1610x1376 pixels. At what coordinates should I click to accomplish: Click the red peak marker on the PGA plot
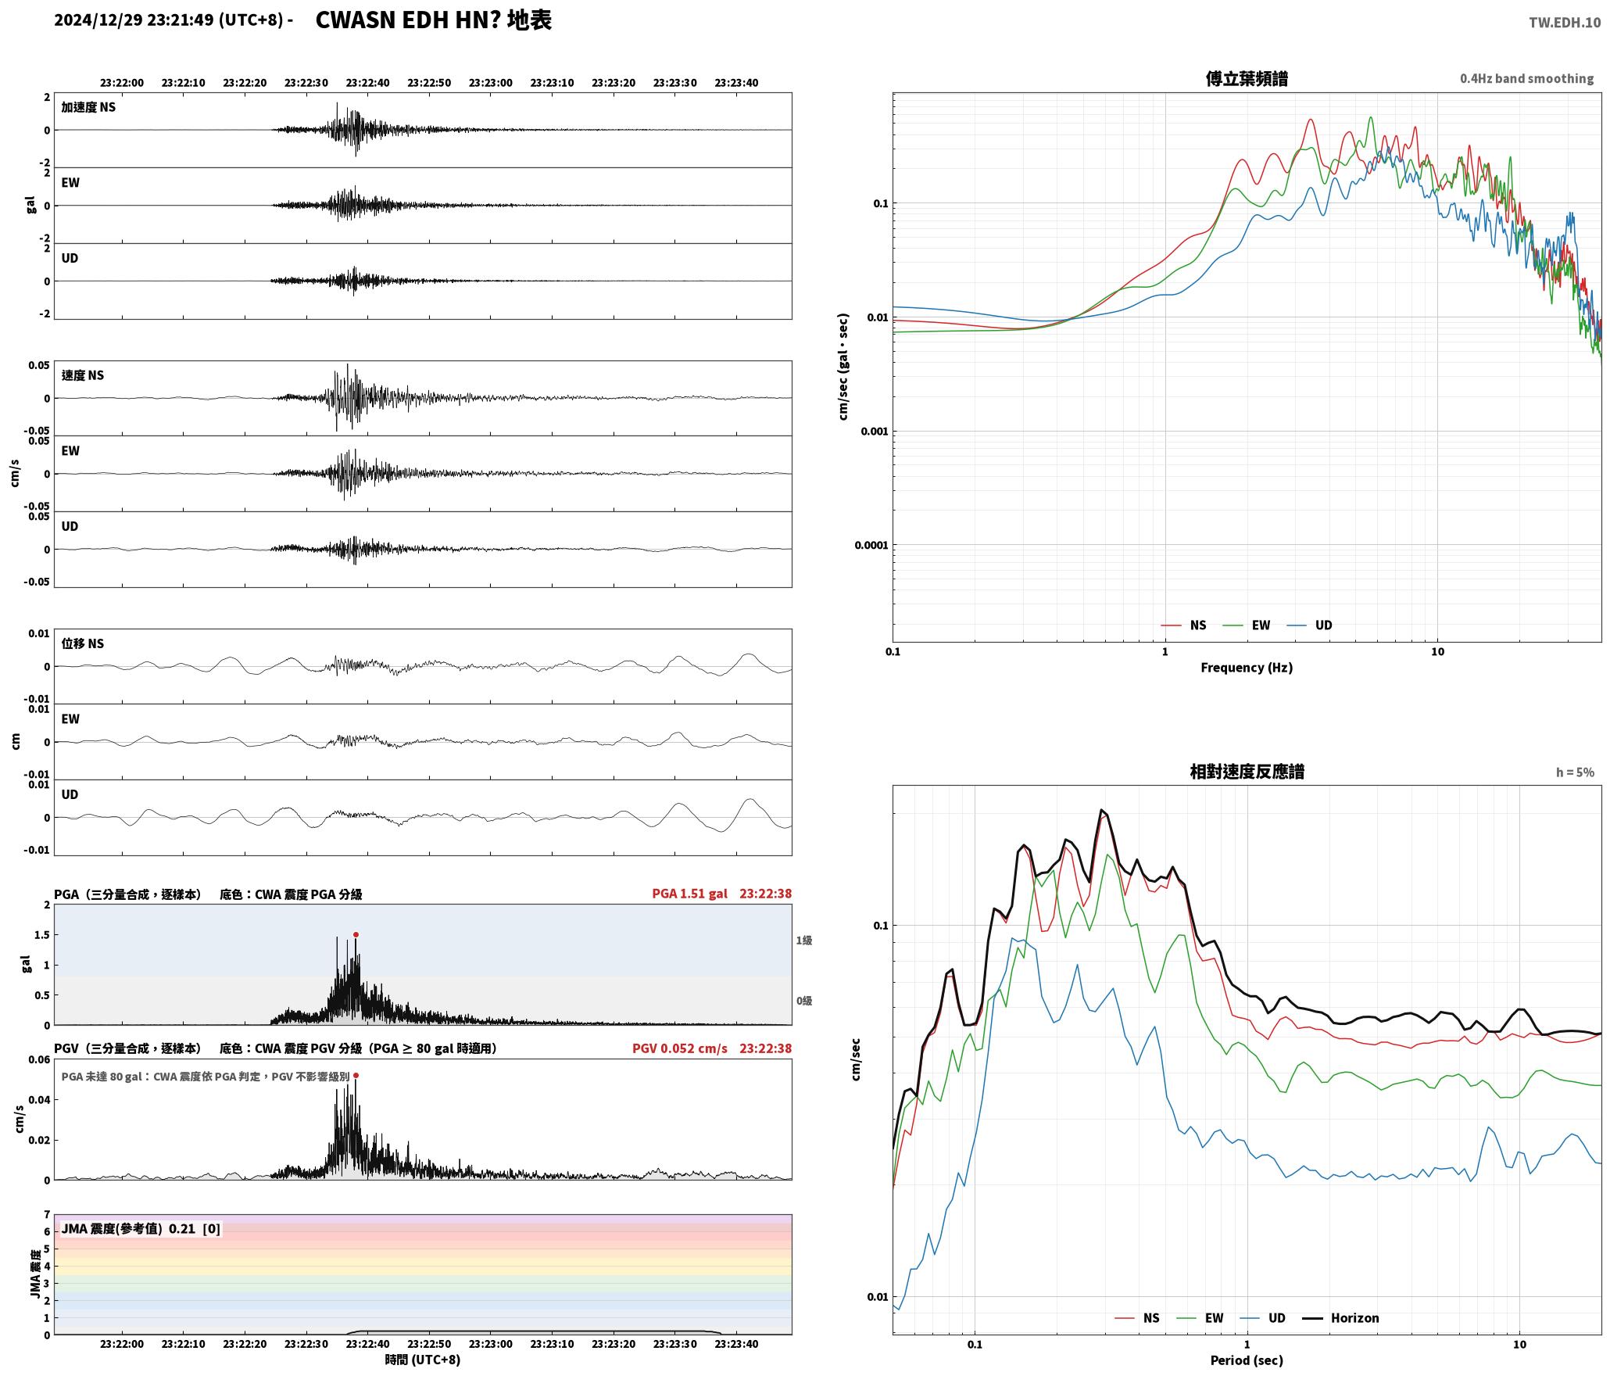tap(356, 934)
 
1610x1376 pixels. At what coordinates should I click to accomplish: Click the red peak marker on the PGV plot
tap(356, 1075)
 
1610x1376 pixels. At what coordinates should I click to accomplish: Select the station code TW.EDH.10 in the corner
tap(1565, 23)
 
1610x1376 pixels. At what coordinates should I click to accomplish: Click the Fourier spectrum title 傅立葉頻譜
tap(1247, 79)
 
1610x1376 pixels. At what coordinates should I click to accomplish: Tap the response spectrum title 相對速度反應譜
tap(1247, 772)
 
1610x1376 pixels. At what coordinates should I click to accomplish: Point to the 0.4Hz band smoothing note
tap(1526, 79)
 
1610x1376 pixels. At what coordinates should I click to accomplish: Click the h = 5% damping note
tap(1575, 772)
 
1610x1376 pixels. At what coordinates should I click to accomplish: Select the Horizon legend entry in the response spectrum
tap(1340, 1318)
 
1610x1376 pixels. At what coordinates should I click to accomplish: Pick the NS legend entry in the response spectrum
tap(1137, 1318)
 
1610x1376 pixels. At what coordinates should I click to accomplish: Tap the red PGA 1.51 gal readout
tap(689, 894)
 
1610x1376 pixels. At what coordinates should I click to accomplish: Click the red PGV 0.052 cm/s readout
tap(679, 1048)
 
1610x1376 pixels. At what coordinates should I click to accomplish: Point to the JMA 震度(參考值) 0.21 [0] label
tap(141, 1228)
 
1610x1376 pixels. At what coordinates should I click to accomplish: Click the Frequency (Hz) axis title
tap(1247, 668)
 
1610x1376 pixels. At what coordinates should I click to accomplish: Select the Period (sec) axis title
tap(1247, 1360)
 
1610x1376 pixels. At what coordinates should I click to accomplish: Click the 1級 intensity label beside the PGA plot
tap(804, 941)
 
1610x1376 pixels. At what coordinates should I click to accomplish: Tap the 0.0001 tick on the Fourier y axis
tap(871, 545)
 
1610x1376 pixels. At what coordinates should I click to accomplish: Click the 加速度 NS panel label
tap(88, 107)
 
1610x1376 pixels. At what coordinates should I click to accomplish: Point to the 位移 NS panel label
tap(83, 643)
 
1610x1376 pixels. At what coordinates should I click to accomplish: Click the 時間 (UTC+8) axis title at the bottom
tap(423, 1360)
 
